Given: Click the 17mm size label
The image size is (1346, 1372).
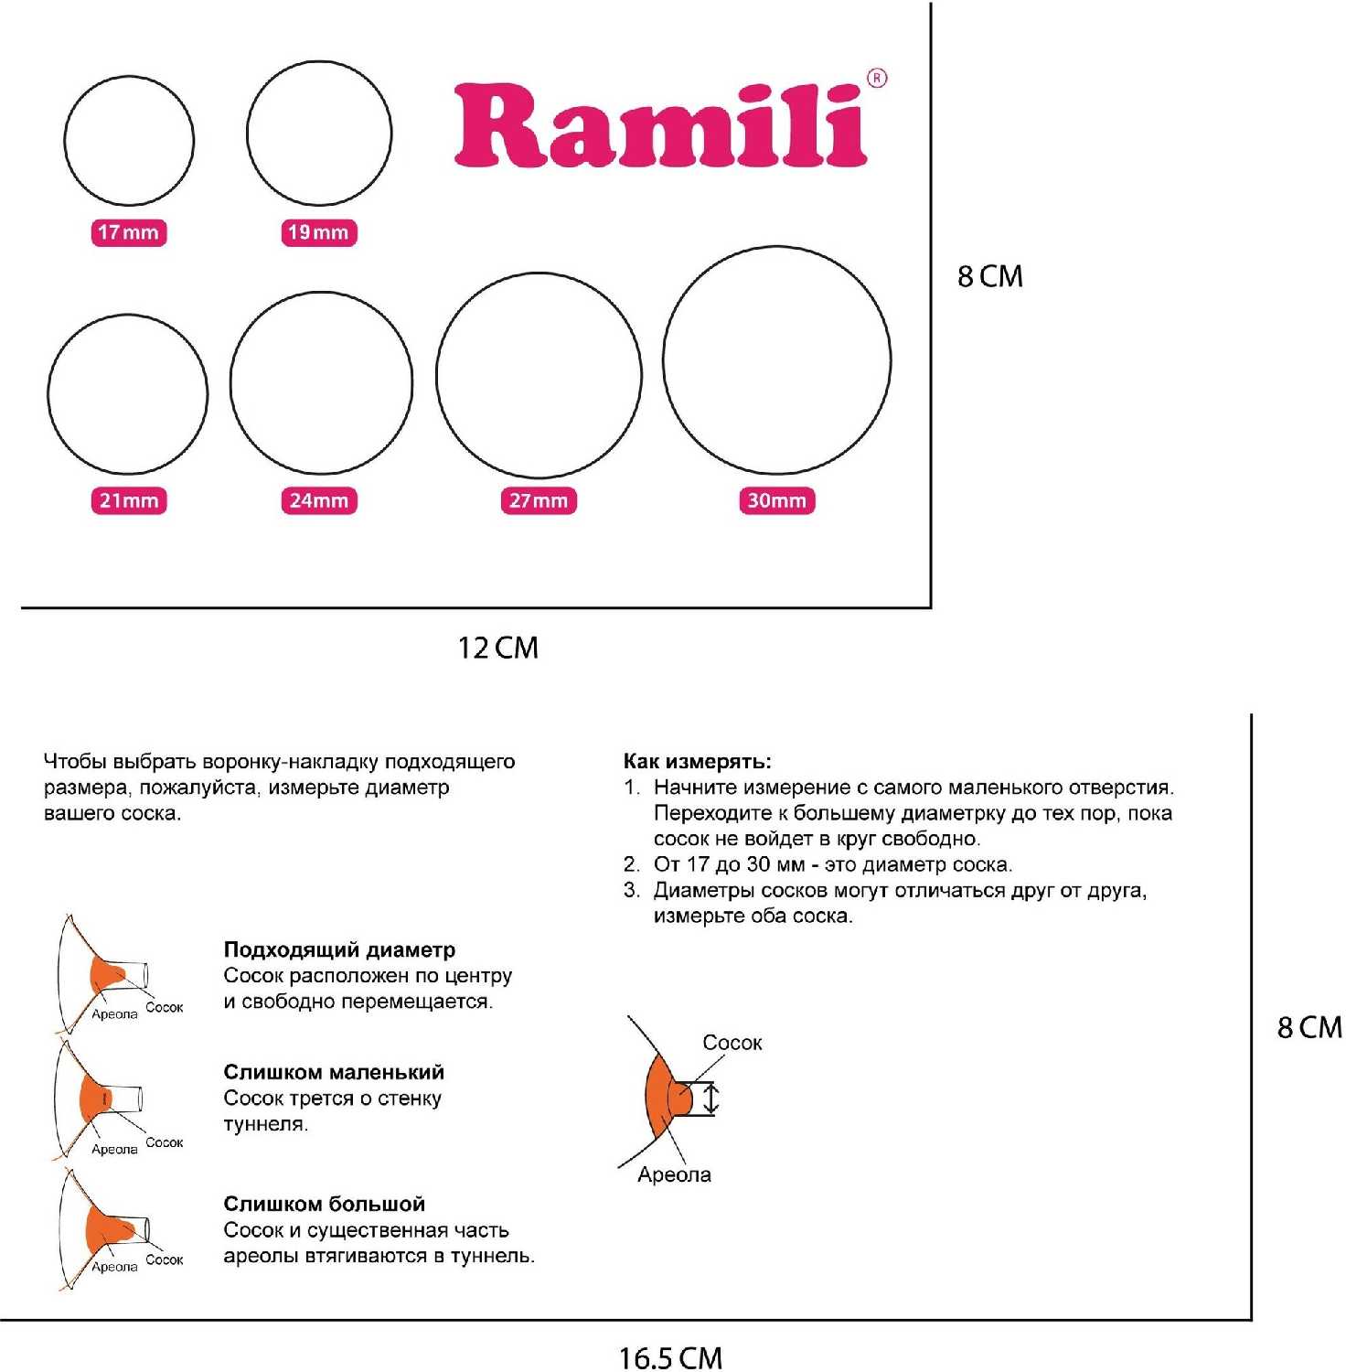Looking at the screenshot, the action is pyautogui.click(x=129, y=232).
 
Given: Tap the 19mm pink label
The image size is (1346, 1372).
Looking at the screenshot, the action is pyautogui.click(x=318, y=232).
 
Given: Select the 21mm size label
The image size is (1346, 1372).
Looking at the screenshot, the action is pyautogui.click(x=129, y=500).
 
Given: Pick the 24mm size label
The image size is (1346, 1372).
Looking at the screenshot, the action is pyautogui.click(x=318, y=500).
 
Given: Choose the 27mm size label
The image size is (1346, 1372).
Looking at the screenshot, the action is pyautogui.click(x=539, y=500).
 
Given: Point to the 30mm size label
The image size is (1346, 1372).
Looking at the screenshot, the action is pyautogui.click(x=776, y=500).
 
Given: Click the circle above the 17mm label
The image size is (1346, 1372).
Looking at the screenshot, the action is pyautogui.click(x=129, y=77).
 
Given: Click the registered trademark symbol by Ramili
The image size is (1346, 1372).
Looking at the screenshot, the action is pyautogui.click(x=877, y=79).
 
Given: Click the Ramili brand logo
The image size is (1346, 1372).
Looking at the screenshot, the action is pyautogui.click(x=660, y=125).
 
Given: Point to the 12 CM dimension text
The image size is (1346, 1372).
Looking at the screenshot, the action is pyautogui.click(x=497, y=648).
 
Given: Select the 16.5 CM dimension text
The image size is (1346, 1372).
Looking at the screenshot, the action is pyautogui.click(x=670, y=1357).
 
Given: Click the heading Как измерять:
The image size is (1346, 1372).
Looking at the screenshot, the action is pyautogui.click(x=697, y=761).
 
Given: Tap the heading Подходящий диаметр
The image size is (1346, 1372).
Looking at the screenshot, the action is pyautogui.click(x=339, y=949).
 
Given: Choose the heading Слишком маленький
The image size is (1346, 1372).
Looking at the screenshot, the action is pyautogui.click(x=334, y=1072).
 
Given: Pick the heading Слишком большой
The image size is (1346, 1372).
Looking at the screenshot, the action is pyautogui.click(x=325, y=1204).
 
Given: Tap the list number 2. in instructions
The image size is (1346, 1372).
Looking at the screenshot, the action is pyautogui.click(x=632, y=864).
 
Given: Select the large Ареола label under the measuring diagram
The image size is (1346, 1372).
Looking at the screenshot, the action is pyautogui.click(x=674, y=1175).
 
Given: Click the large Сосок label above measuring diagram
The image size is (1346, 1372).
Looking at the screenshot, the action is pyautogui.click(x=732, y=1043).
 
